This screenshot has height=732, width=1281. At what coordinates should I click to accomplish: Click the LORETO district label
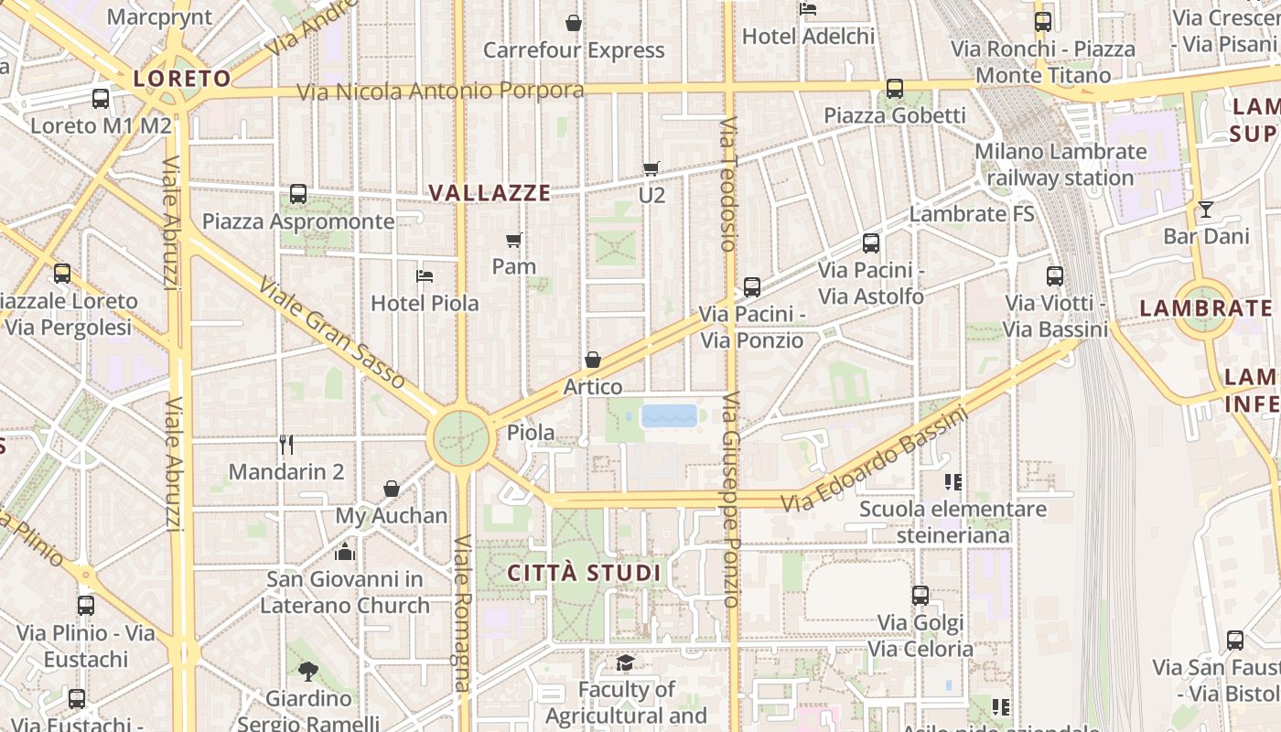click(x=183, y=78)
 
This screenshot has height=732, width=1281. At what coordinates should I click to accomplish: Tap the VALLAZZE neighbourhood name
click(x=490, y=193)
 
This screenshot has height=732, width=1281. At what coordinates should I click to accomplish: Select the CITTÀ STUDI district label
click(x=584, y=574)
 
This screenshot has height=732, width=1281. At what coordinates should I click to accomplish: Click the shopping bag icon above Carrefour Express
click(x=574, y=23)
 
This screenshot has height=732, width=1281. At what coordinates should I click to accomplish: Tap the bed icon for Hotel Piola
click(x=425, y=275)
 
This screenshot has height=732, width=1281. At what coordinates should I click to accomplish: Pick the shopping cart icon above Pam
click(x=514, y=241)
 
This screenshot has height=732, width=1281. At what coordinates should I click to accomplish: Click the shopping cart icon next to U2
click(x=651, y=168)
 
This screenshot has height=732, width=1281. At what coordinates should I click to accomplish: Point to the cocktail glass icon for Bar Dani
click(x=1206, y=210)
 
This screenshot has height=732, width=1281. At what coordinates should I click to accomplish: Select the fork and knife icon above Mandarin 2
click(x=286, y=445)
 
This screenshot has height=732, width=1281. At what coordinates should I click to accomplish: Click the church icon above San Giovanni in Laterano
click(x=345, y=552)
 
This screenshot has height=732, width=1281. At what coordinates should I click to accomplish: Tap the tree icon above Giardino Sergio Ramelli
click(x=308, y=672)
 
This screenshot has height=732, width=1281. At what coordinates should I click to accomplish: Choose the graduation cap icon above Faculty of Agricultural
click(x=626, y=662)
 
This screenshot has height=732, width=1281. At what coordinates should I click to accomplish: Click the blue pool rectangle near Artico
click(x=670, y=416)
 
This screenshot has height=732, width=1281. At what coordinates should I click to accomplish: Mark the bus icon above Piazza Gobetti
click(x=895, y=89)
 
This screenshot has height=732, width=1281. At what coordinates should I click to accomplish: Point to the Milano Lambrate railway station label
click(x=1060, y=165)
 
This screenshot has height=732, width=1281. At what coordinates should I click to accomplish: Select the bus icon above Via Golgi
click(x=920, y=596)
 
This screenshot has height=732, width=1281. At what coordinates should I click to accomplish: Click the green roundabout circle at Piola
click(x=461, y=437)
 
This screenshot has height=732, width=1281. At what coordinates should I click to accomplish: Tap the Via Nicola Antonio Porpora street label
click(x=440, y=91)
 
